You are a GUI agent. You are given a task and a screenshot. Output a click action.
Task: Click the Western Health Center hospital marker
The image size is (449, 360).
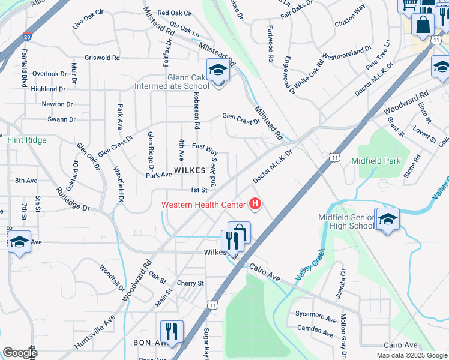[x=256, y=205]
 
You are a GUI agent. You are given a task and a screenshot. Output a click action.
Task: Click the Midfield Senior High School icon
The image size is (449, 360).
[x=387, y=220]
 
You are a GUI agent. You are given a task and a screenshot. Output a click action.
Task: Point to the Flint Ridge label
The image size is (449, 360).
[x=26, y=140]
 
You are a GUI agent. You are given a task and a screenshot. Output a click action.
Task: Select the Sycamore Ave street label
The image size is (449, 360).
[x=316, y=316]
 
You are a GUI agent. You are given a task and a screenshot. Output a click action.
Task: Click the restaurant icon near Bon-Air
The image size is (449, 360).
[x=172, y=331]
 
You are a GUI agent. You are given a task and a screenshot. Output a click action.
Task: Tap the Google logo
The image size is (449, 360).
[x=20, y=353]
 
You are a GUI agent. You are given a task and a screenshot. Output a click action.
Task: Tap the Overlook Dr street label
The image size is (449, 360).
[x=50, y=74]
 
